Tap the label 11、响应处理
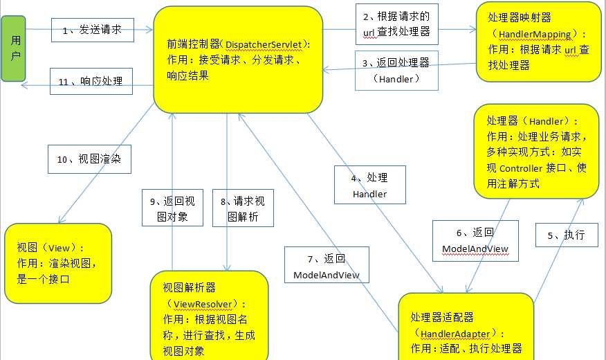[x=90, y=81]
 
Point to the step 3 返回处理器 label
[x=396, y=70]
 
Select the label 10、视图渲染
[x=89, y=159]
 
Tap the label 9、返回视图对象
[x=172, y=208]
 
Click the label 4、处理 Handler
[x=369, y=185]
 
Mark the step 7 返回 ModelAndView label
[x=327, y=266]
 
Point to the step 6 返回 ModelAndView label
[x=475, y=240]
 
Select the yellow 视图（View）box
[x=57, y=263]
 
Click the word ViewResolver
[x=205, y=303]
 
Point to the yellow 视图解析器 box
[x=209, y=315]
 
